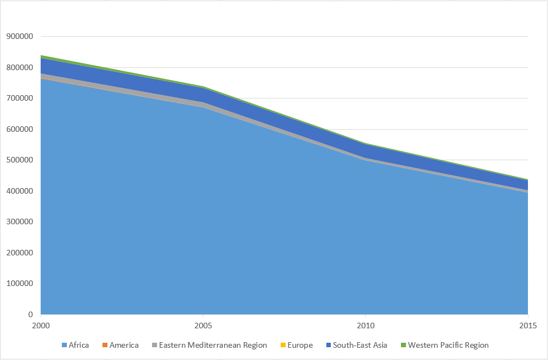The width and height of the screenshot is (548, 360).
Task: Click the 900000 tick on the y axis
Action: [19, 36]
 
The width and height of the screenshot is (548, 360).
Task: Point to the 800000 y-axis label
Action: [19, 67]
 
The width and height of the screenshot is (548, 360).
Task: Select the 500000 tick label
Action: [19, 160]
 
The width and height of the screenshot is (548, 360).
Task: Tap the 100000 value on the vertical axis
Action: [19, 284]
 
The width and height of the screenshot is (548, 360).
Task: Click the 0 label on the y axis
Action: [31, 314]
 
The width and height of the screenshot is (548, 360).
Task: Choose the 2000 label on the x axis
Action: [41, 326]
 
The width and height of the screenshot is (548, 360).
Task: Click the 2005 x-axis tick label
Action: [203, 326]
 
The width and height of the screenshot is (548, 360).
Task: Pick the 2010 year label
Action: [365, 326]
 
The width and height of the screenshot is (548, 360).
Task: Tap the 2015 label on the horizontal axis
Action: [528, 326]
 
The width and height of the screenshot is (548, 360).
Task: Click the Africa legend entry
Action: [76, 346]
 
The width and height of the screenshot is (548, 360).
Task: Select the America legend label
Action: [121, 346]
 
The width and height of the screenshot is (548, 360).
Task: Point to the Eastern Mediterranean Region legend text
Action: [210, 346]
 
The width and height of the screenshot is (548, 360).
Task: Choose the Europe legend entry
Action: [297, 346]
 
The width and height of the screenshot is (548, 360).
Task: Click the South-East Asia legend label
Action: [357, 346]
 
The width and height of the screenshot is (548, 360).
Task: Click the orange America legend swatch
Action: [105, 346]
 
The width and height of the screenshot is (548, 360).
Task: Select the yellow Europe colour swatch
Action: [283, 346]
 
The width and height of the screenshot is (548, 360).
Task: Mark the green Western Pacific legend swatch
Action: [403, 346]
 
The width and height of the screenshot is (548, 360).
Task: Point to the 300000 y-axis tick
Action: [19, 221]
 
